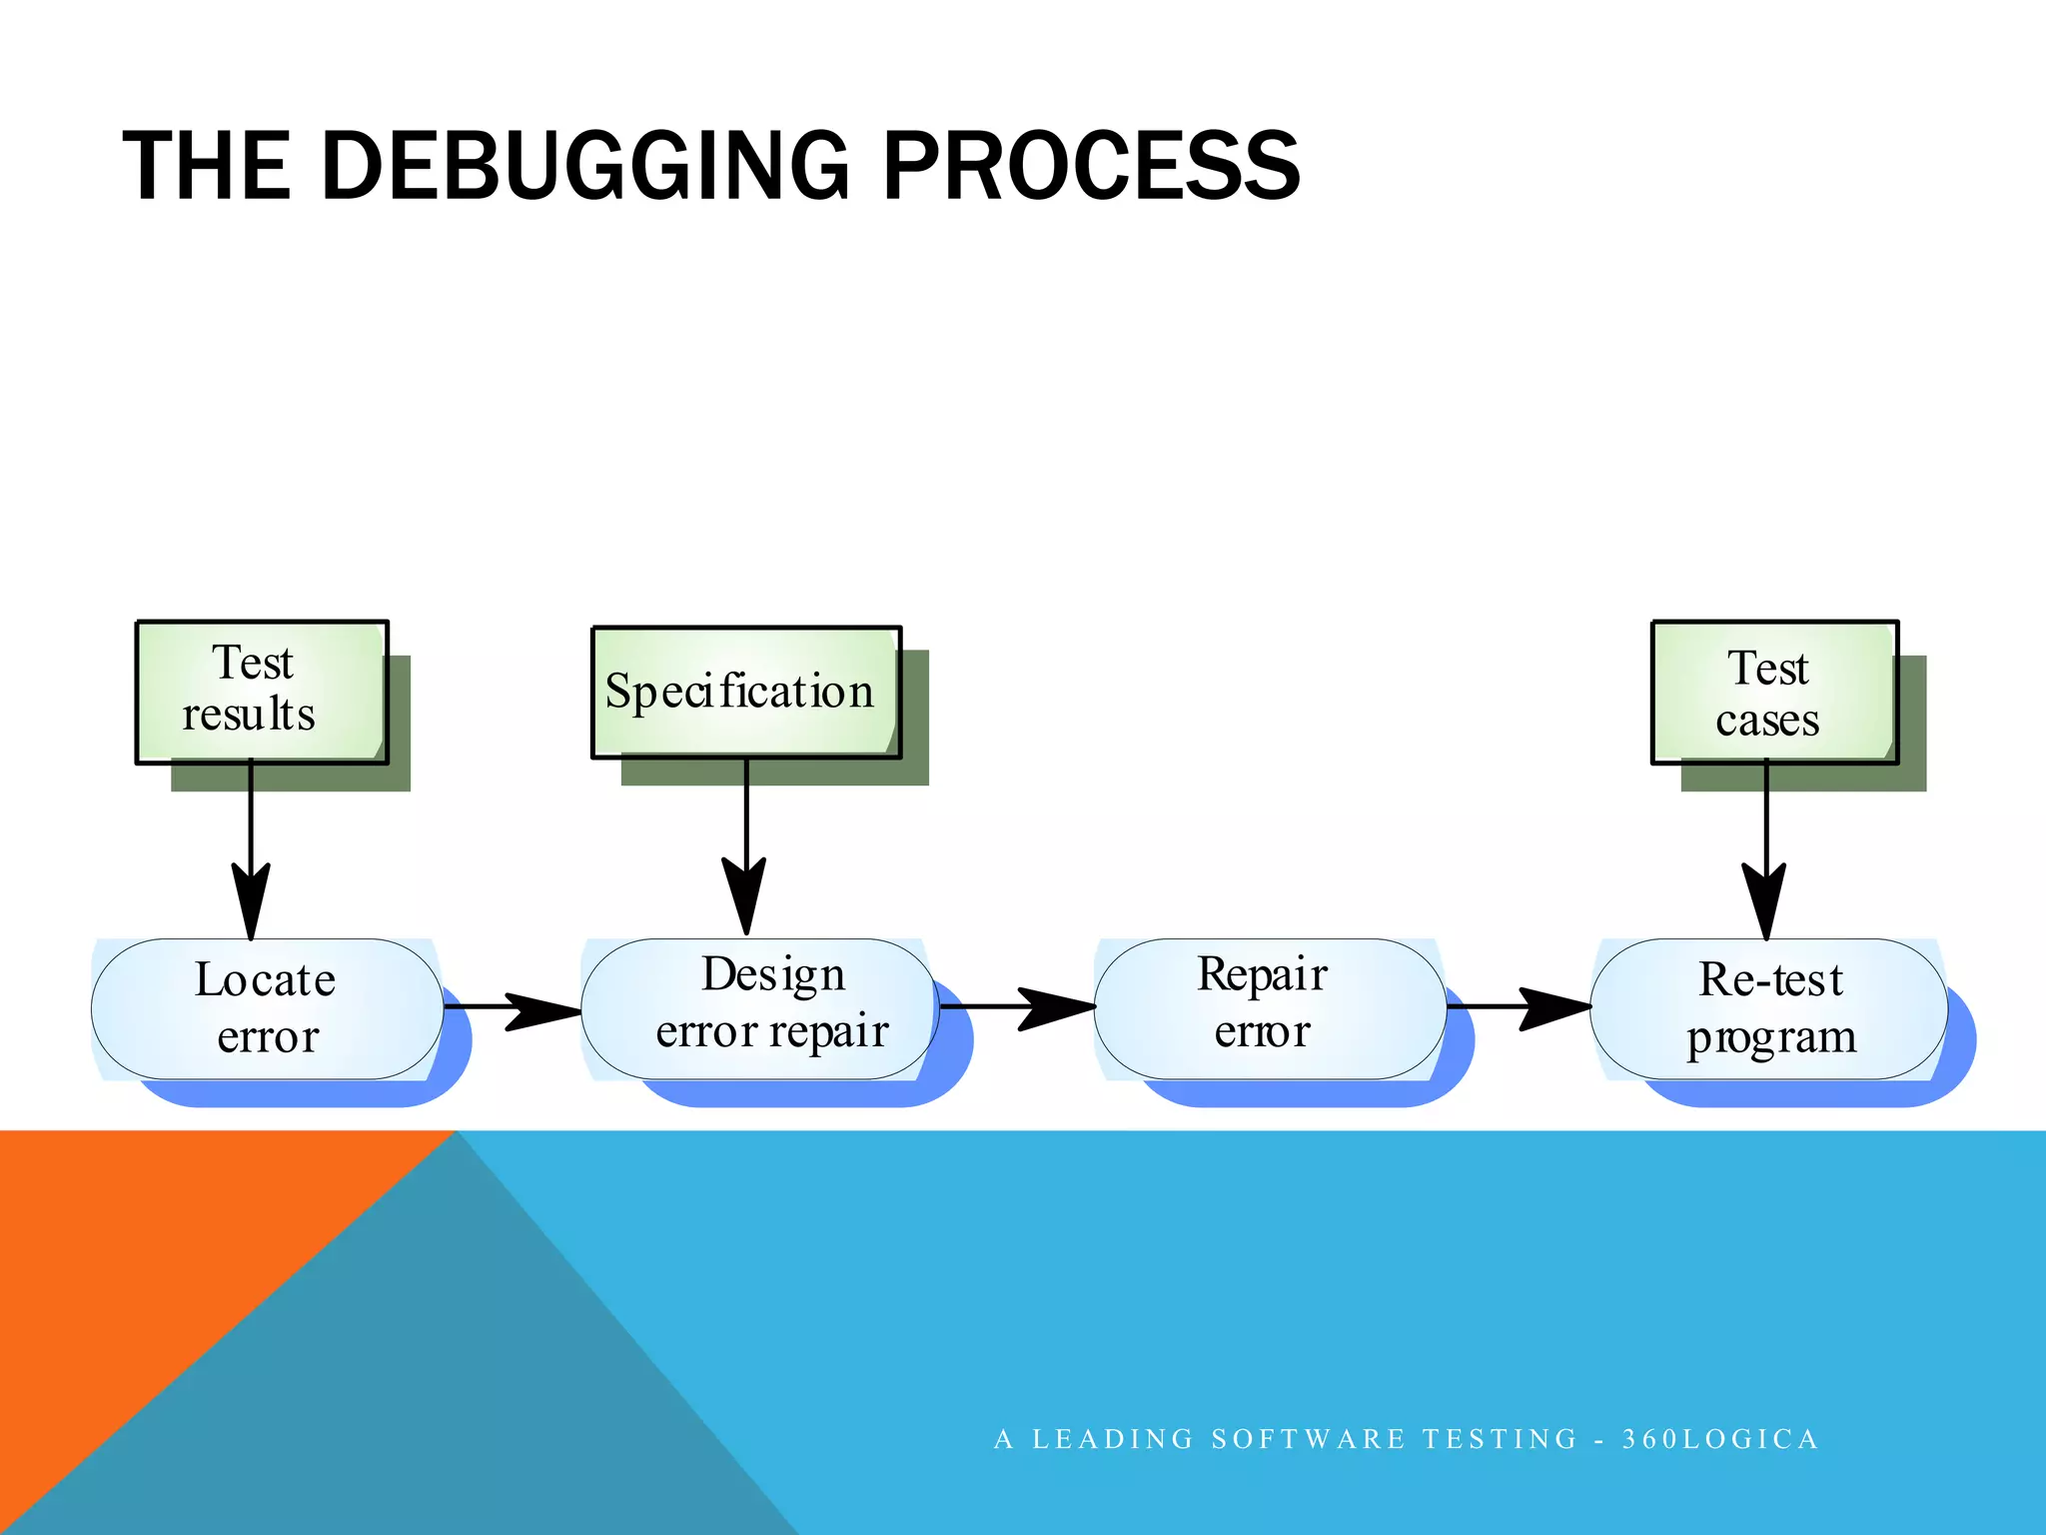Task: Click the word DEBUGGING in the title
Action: pos(585,166)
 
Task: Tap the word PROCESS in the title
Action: pos(1091,166)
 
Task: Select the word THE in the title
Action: pos(207,166)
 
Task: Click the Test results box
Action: pos(262,692)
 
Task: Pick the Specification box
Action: pos(745,692)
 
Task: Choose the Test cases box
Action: pos(1774,693)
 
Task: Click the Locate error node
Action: pos(267,1008)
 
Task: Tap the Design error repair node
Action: pos(759,1006)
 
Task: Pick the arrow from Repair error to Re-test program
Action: pos(1519,1007)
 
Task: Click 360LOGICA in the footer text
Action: pos(1719,1439)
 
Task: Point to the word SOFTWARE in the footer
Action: pos(1309,1439)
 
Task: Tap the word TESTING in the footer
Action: pos(1500,1439)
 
